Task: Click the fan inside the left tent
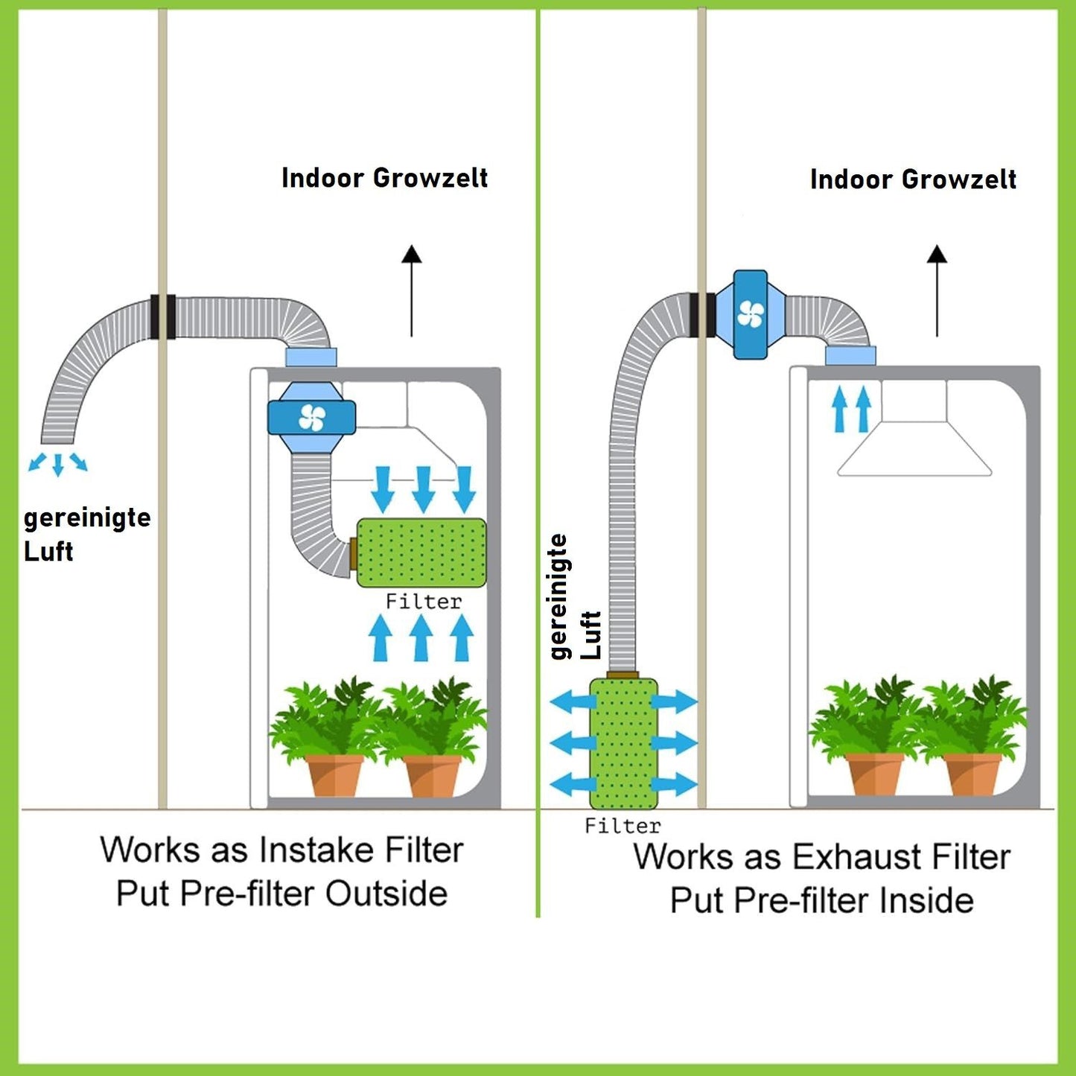[x=312, y=418]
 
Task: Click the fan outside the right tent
[x=750, y=314]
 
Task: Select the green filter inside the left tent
[x=421, y=552]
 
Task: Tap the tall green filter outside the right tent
[x=623, y=743]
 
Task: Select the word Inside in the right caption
[x=926, y=900]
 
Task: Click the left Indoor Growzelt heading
[x=384, y=178]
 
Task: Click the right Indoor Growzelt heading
[x=913, y=179]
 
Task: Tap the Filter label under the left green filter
[x=423, y=601]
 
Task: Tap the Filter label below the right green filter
[x=623, y=826]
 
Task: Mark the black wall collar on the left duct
[x=162, y=316]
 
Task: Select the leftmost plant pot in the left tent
[x=334, y=774]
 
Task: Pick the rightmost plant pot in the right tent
[x=972, y=774]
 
